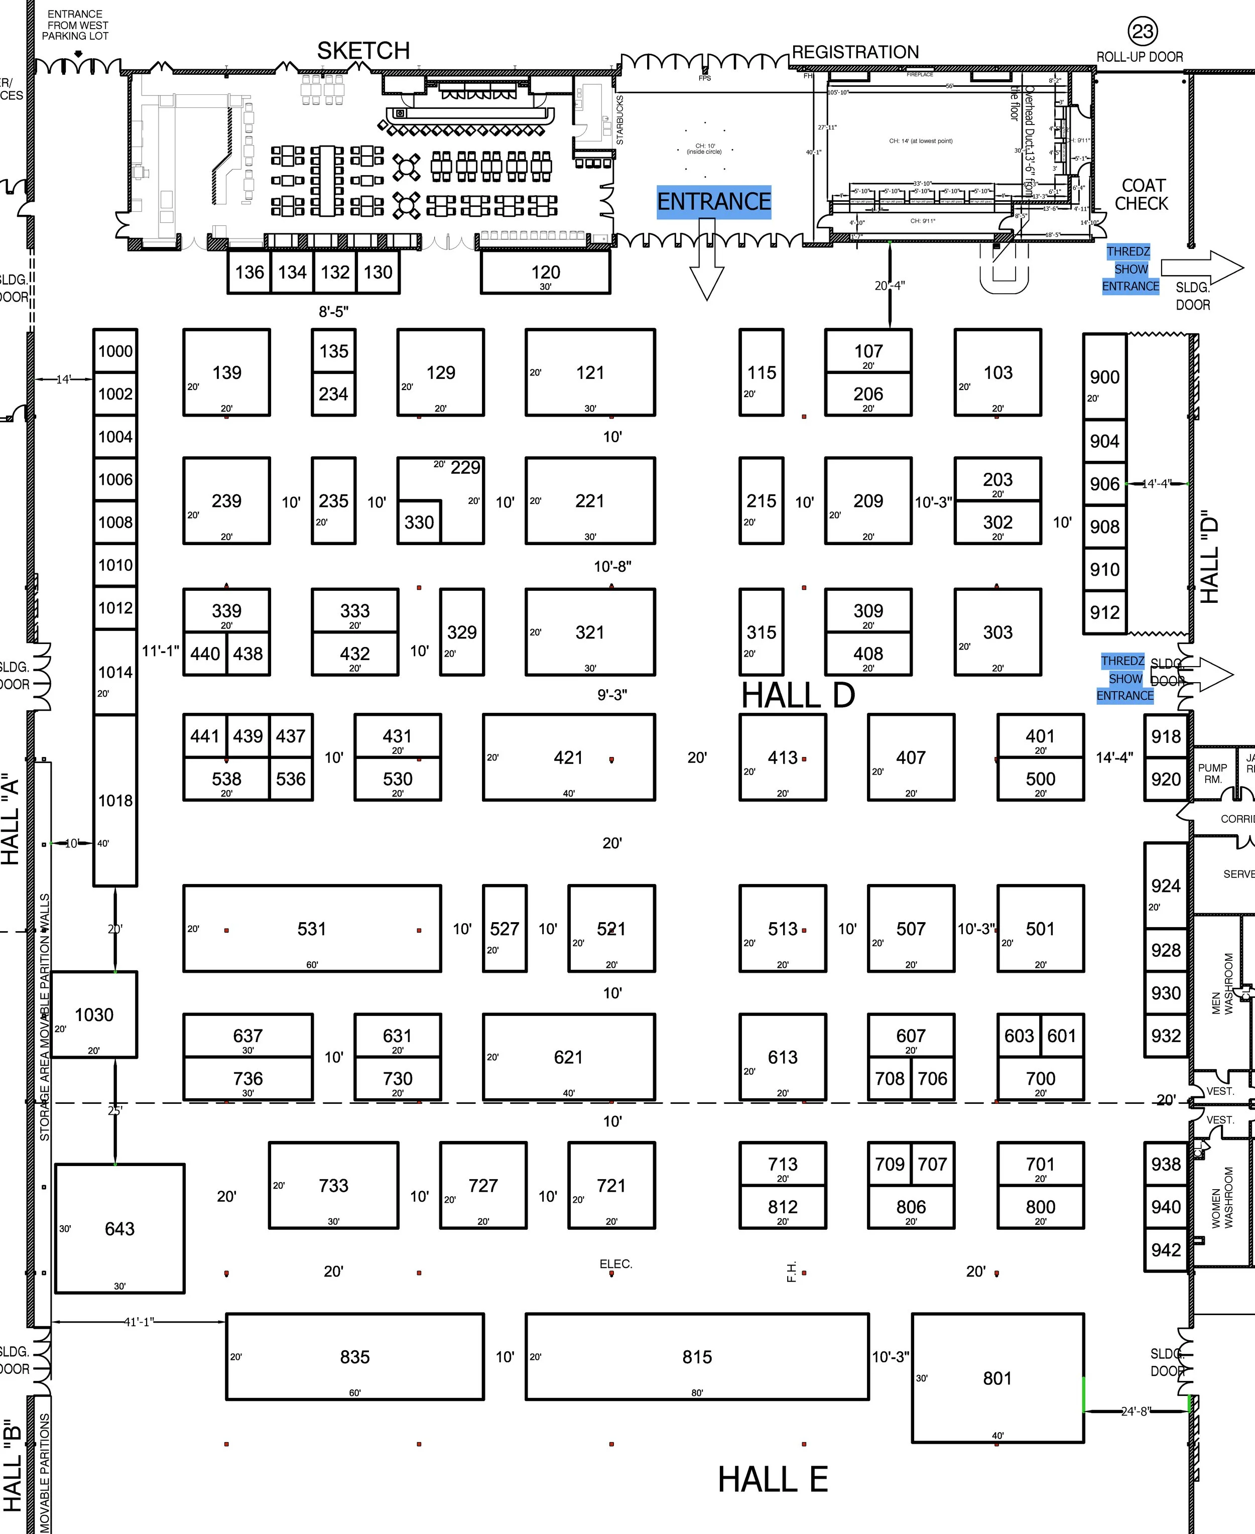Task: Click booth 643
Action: point(119,1229)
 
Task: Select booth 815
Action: point(697,1357)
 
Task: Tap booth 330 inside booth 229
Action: point(419,523)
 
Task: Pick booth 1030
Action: point(94,1015)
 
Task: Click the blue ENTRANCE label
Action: point(713,202)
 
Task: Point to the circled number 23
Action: point(1142,32)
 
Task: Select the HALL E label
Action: point(772,1479)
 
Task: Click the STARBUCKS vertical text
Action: point(619,120)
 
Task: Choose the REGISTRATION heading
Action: point(855,52)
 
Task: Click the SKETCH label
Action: point(363,51)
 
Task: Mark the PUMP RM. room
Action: point(1212,774)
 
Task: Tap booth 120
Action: point(545,273)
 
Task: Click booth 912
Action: point(1104,612)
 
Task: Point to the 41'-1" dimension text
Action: point(138,1322)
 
